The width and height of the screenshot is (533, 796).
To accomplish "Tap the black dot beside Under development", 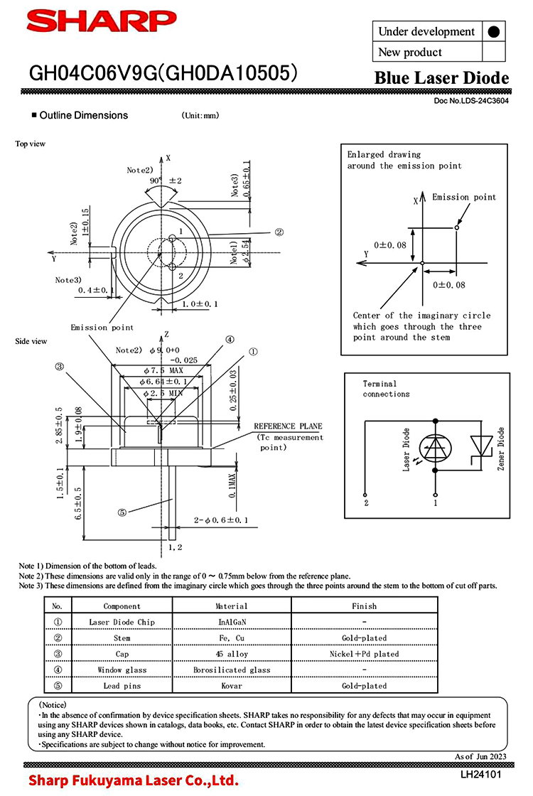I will [494, 32].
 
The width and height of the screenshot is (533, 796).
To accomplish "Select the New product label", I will [410, 52].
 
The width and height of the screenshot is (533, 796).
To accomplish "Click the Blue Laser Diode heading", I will [441, 78].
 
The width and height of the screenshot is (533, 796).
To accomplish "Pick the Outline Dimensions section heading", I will [83, 115].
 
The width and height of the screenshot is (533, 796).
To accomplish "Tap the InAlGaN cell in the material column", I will [232, 622].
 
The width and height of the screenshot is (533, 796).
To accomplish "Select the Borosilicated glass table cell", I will [232, 669].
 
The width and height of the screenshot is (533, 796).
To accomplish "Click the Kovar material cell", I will [232, 686].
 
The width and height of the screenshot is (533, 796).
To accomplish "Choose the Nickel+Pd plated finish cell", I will [364, 654].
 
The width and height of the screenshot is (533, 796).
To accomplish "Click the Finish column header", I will [364, 606].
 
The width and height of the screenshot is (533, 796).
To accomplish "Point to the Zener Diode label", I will [501, 448].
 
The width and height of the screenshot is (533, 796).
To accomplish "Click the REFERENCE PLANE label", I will [288, 426].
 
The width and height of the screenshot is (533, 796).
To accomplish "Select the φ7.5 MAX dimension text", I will [164, 371].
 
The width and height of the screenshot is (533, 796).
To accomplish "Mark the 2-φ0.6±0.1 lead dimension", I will [221, 521].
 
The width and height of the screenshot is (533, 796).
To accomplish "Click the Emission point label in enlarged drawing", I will [464, 197].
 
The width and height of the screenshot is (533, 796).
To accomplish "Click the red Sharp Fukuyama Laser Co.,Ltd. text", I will [134, 780].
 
